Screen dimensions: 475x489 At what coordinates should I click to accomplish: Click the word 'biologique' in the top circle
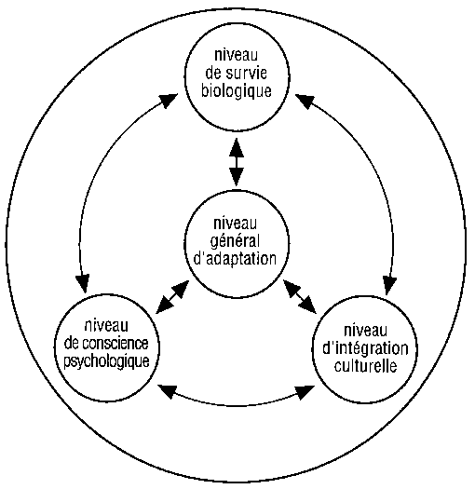coord(236,91)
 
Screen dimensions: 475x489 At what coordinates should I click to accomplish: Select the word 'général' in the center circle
coord(235,242)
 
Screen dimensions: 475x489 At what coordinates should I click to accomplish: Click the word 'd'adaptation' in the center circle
coord(235,259)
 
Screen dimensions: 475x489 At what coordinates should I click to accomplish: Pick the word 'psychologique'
coord(107,361)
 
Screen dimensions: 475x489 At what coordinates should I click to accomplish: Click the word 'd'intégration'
coord(365,348)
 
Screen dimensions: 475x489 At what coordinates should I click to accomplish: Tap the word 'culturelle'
coord(365,366)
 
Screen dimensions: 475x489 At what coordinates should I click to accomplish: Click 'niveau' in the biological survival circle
coord(236,55)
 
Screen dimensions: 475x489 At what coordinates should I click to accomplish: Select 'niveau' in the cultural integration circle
coord(365,331)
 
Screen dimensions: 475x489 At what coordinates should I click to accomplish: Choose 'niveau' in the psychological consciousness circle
coord(106,326)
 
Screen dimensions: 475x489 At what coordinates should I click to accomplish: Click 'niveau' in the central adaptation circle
coord(235,224)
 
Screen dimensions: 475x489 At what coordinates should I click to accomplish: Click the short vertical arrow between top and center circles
coord(237,162)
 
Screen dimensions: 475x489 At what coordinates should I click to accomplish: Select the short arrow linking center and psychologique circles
coord(172,297)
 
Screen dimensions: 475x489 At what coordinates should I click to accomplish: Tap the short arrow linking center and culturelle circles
coord(299,296)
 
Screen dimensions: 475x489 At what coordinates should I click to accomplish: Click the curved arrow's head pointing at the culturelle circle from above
coord(389,285)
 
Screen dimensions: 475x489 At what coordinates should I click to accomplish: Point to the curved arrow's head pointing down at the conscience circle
coord(83,284)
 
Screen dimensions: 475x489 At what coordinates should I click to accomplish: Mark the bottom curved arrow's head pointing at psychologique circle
coord(168,391)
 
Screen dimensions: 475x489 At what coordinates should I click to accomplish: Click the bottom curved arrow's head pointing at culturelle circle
coord(305,392)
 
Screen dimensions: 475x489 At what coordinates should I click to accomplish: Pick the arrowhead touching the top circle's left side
coord(169,101)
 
